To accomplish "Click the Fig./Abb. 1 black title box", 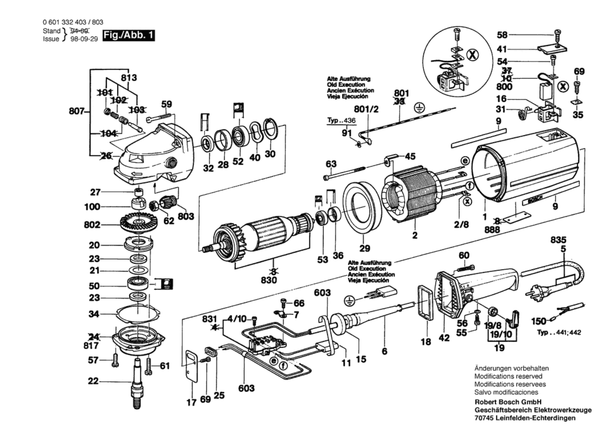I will click(x=128, y=35).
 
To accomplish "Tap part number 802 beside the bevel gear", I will click(x=92, y=225).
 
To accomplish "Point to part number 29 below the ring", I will click(x=365, y=248).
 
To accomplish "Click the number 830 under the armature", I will click(x=269, y=280).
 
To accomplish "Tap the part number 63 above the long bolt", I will click(x=331, y=164).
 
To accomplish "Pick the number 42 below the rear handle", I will click(x=444, y=338).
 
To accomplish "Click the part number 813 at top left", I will click(x=129, y=78).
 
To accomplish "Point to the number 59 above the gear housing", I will click(x=167, y=104).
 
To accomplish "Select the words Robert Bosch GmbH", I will click(x=508, y=402).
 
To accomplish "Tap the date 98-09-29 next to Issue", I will click(x=84, y=39).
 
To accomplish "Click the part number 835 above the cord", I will click(x=558, y=240).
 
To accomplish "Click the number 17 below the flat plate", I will click(x=191, y=403).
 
